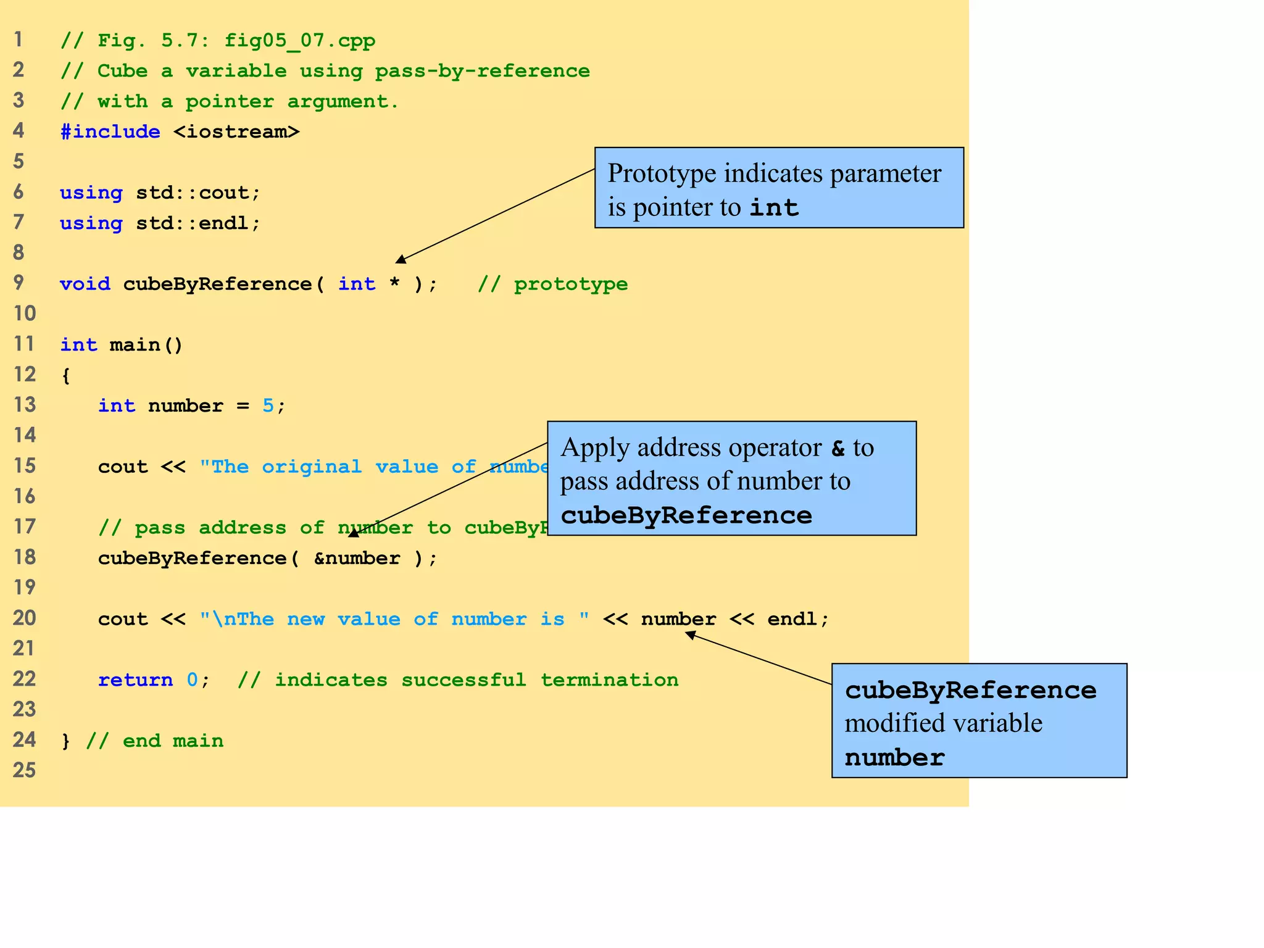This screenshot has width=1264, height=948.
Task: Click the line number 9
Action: pos(19,283)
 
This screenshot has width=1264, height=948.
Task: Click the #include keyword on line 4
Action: pos(110,131)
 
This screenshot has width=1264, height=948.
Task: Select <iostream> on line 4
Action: pos(236,131)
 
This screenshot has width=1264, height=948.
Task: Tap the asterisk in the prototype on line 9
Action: pos(394,284)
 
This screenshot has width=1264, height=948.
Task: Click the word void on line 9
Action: pos(85,284)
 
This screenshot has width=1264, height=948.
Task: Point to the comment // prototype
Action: pos(552,284)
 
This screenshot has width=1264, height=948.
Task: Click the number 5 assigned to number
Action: pos(268,405)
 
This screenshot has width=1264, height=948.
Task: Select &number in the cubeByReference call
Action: pos(357,558)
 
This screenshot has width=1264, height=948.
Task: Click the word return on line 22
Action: pos(135,680)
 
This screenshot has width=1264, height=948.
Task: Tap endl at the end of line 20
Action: pos(792,618)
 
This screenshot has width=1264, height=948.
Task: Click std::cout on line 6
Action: pos(192,193)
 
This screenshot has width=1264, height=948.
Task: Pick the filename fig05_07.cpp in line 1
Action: pos(299,41)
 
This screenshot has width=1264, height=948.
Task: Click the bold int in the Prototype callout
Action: pos(774,207)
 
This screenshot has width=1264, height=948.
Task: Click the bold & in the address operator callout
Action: pos(838,448)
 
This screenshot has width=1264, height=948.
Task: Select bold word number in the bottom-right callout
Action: pos(894,757)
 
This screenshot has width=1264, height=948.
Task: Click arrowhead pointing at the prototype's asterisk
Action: pos(401,259)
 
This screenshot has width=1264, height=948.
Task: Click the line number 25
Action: pos(25,770)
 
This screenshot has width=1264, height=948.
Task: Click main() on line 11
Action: pos(146,344)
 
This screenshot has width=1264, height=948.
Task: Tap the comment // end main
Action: pos(154,741)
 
